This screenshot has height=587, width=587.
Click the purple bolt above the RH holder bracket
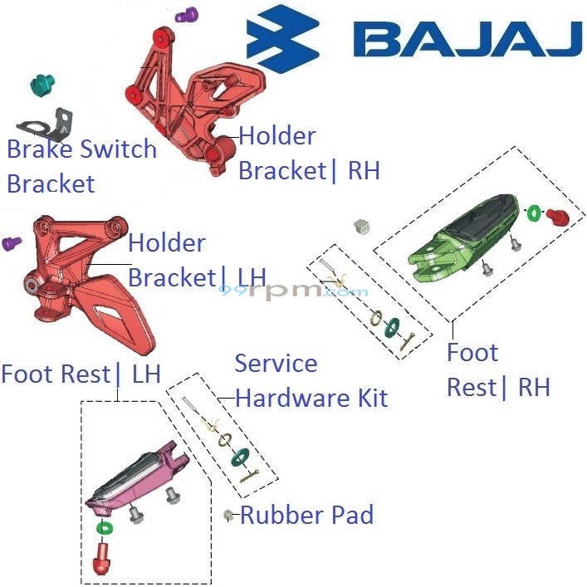click(x=188, y=14)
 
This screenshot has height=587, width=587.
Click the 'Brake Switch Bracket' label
click(x=81, y=166)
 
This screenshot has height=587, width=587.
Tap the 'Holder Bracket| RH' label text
click(x=309, y=153)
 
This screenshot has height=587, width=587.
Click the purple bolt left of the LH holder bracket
click(x=12, y=243)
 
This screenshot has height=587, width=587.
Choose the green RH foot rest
click(x=461, y=232)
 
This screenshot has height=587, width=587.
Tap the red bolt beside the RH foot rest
click(x=558, y=217)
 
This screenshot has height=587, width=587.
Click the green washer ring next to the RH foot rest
click(x=534, y=213)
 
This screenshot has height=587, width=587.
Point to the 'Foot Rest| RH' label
click(x=497, y=369)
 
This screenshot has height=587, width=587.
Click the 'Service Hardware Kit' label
click(x=311, y=380)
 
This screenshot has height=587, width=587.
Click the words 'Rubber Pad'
click(x=306, y=515)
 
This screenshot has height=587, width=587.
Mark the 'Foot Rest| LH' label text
click(x=81, y=374)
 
